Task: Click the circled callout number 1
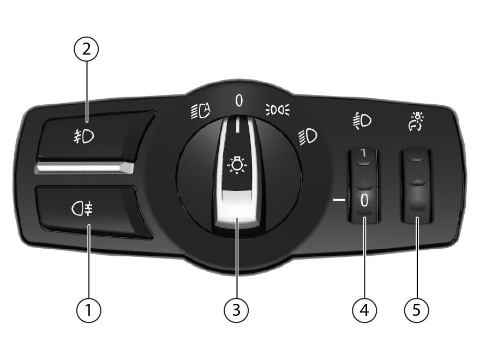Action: pyautogui.click(x=88, y=310)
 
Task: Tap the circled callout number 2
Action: pyautogui.click(x=86, y=49)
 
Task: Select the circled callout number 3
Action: pyautogui.click(x=236, y=310)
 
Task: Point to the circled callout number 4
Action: pyautogui.click(x=364, y=310)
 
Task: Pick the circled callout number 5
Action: pyautogui.click(x=416, y=310)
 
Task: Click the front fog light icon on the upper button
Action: pyautogui.click(x=83, y=136)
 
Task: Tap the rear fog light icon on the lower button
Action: pyautogui.click(x=82, y=209)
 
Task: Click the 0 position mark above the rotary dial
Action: pyautogui.click(x=239, y=100)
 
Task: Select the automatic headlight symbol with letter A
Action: pyautogui.click(x=201, y=111)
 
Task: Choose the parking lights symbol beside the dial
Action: pyautogui.click(x=277, y=110)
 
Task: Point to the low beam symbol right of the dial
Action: pyautogui.click(x=308, y=136)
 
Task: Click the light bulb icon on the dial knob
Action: pyautogui.click(x=237, y=165)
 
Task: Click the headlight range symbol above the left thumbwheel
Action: pyautogui.click(x=362, y=121)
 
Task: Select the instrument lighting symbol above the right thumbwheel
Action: pyautogui.click(x=417, y=121)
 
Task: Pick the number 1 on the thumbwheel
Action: pyautogui.click(x=363, y=153)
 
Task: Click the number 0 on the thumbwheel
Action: pyautogui.click(x=364, y=201)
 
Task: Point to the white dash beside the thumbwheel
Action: pyautogui.click(x=339, y=200)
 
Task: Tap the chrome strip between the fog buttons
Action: pyautogui.click(x=83, y=168)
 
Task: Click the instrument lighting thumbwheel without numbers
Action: pyautogui.click(x=416, y=186)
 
